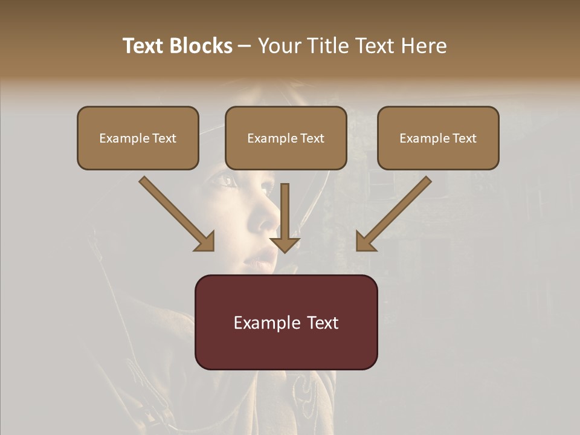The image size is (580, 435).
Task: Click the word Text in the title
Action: click(x=143, y=46)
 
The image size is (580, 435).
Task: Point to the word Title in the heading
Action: click(x=329, y=46)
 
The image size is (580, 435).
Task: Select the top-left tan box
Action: click(x=138, y=138)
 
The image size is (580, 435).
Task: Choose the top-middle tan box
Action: click(x=286, y=138)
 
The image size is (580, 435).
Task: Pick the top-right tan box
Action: click(x=438, y=138)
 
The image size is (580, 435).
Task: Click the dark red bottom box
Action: click(x=286, y=322)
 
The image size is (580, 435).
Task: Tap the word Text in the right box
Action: click(x=465, y=138)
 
